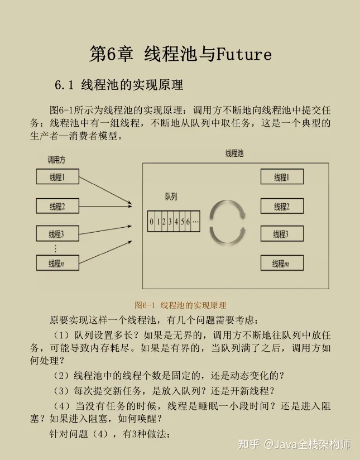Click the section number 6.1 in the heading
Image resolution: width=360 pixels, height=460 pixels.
coord(64,85)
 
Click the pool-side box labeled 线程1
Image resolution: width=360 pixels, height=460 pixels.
coord(281,178)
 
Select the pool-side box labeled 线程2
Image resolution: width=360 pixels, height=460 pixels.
coord(281,206)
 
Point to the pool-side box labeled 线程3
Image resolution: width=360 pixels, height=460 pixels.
coord(281,234)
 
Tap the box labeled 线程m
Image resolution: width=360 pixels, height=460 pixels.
coord(281,263)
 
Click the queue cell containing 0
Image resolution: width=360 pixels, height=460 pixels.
coord(151,222)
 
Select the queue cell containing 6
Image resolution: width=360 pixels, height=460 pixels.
coord(188,222)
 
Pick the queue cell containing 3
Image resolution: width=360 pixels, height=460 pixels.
coord(170,222)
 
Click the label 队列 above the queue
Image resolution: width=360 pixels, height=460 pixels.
coord(171,197)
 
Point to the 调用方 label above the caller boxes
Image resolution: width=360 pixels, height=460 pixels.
coord(56,160)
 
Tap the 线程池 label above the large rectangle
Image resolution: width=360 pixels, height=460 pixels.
coord(234,153)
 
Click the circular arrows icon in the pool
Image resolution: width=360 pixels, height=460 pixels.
coord(227,222)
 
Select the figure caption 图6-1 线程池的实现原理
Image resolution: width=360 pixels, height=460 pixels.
coord(180,305)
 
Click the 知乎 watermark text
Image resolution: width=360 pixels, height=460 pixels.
coord(249,444)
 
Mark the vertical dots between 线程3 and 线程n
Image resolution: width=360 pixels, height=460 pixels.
coord(55,249)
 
